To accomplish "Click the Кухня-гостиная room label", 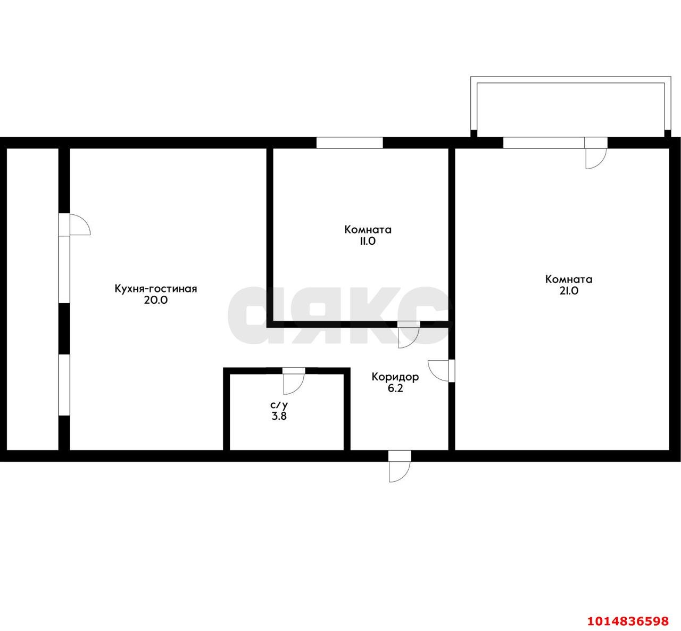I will tap(156, 288).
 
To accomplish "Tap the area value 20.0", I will tap(156, 300).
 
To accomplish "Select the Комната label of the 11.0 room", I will tap(368, 230).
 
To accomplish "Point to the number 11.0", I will tap(368, 241).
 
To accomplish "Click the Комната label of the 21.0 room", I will tap(569, 279).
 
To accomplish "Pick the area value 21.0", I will tap(569, 291).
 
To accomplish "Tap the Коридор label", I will tap(395, 377).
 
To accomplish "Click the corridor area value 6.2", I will tap(395, 389).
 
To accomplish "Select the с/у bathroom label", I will tap(279, 405).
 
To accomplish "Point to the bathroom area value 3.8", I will tap(279, 417).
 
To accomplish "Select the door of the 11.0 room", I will tap(408, 335).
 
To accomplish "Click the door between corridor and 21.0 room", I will tap(441, 371).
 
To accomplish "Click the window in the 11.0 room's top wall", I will tap(350, 143).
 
